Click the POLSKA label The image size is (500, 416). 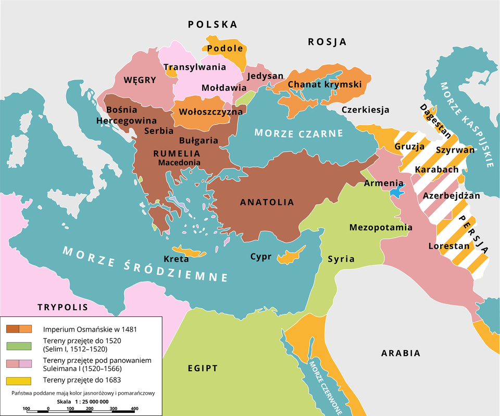(213, 25)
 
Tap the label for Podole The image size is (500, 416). (225, 48)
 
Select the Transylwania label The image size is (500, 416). (195, 67)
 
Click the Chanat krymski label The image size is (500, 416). (324, 84)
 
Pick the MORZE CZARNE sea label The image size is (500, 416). (298, 133)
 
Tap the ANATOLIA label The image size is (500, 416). (267, 202)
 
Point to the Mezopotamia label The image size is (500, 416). (381, 228)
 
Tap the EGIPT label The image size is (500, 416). (203, 369)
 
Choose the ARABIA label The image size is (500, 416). (401, 353)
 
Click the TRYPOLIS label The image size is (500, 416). (62, 308)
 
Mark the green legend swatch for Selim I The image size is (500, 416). (19, 346)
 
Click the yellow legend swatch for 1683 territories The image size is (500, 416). (19, 380)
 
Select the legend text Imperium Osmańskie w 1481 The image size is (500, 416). (90, 329)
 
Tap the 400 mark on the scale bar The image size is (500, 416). (134, 408)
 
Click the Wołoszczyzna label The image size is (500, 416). (210, 112)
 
